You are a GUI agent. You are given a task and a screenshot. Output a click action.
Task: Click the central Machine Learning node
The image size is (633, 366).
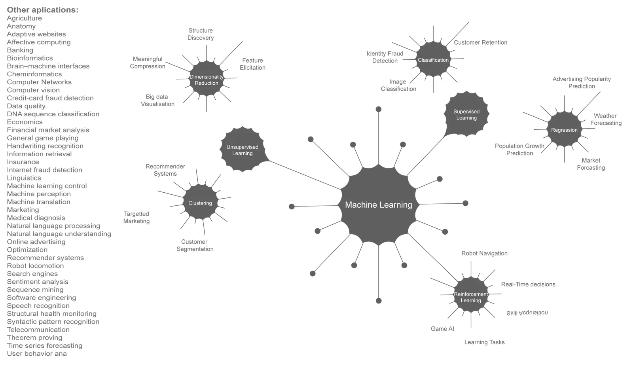(x=378, y=205)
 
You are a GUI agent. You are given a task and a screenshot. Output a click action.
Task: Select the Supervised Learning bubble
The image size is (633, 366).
(x=466, y=115)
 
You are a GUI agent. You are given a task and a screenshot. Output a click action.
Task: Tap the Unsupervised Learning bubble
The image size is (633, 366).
(x=242, y=150)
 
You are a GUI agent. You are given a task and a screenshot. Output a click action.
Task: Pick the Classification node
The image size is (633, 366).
(x=433, y=60)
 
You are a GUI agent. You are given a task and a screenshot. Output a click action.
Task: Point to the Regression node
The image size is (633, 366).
(x=564, y=130)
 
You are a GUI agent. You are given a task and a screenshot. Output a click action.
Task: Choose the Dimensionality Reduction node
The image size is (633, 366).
(x=207, y=80)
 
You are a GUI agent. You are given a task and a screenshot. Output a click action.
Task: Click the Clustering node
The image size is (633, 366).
(x=200, y=203)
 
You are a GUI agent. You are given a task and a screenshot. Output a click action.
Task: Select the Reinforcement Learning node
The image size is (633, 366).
(x=471, y=297)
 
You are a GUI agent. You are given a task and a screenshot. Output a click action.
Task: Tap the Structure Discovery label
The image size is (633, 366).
(x=201, y=34)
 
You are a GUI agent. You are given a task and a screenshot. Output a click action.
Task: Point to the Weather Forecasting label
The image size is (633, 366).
(x=606, y=119)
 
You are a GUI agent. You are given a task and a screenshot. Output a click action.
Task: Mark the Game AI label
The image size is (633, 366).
(x=443, y=329)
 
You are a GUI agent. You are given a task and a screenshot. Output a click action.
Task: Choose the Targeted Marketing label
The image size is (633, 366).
(x=136, y=218)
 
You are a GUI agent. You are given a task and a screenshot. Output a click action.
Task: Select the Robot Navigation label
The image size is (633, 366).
(x=485, y=253)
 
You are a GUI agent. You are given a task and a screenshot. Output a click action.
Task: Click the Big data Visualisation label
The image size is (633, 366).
(x=157, y=101)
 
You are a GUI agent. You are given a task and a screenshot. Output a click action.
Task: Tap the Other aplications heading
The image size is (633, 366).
(x=43, y=9)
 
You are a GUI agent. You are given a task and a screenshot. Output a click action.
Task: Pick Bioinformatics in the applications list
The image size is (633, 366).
(x=30, y=58)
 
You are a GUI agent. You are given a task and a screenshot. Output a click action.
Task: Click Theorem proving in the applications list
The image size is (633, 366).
(x=35, y=338)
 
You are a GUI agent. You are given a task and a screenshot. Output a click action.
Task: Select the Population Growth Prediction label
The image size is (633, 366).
(x=520, y=150)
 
